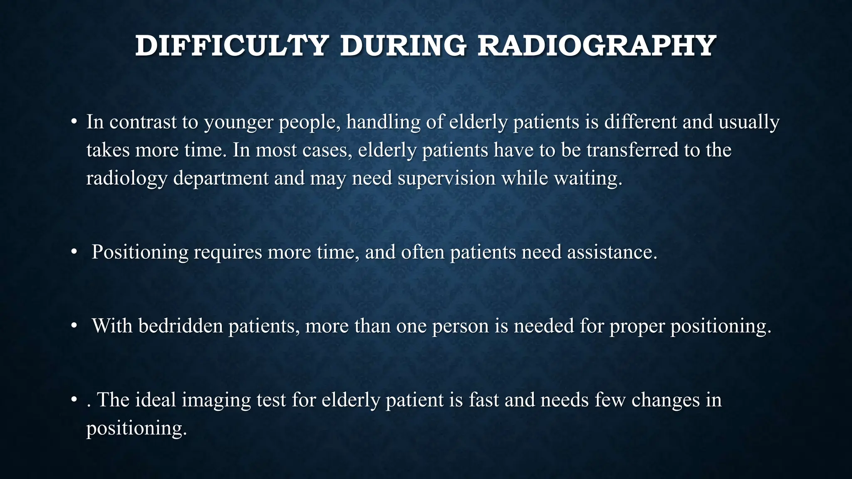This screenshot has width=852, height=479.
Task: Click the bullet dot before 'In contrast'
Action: [x=74, y=122]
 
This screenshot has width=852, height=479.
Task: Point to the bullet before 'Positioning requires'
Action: [x=74, y=252]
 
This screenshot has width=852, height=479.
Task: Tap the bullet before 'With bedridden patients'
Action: [x=74, y=326]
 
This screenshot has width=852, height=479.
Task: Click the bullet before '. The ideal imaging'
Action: [x=74, y=400]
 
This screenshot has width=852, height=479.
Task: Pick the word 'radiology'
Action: [x=127, y=178]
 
